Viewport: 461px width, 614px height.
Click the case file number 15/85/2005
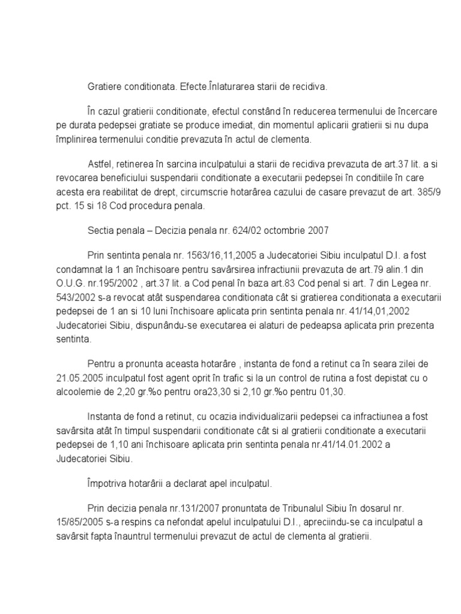click(84, 522)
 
